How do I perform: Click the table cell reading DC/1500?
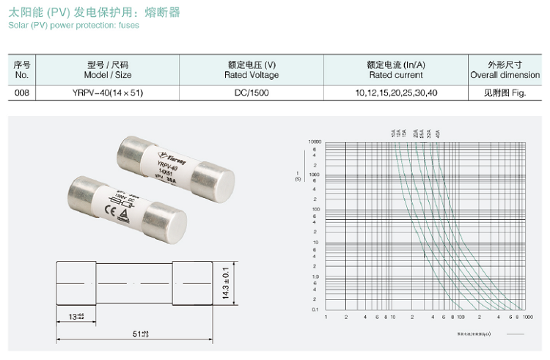pyautogui.click(x=252, y=92)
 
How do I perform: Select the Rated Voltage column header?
pyautogui.click(x=252, y=70)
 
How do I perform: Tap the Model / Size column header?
pyautogui.click(x=107, y=70)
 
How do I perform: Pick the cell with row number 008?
pyautogui.click(x=21, y=92)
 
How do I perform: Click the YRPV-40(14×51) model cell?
pyautogui.click(x=107, y=92)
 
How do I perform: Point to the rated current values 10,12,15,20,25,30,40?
pyautogui.click(x=396, y=92)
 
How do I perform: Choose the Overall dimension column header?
pyautogui.click(x=505, y=70)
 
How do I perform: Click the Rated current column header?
pyautogui.click(x=396, y=70)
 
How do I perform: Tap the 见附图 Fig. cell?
pyautogui.click(x=505, y=92)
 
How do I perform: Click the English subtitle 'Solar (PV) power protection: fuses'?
pyautogui.click(x=73, y=25)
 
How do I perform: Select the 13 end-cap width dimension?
pyautogui.click(x=75, y=316)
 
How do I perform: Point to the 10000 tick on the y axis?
pyautogui.click(x=315, y=142)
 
